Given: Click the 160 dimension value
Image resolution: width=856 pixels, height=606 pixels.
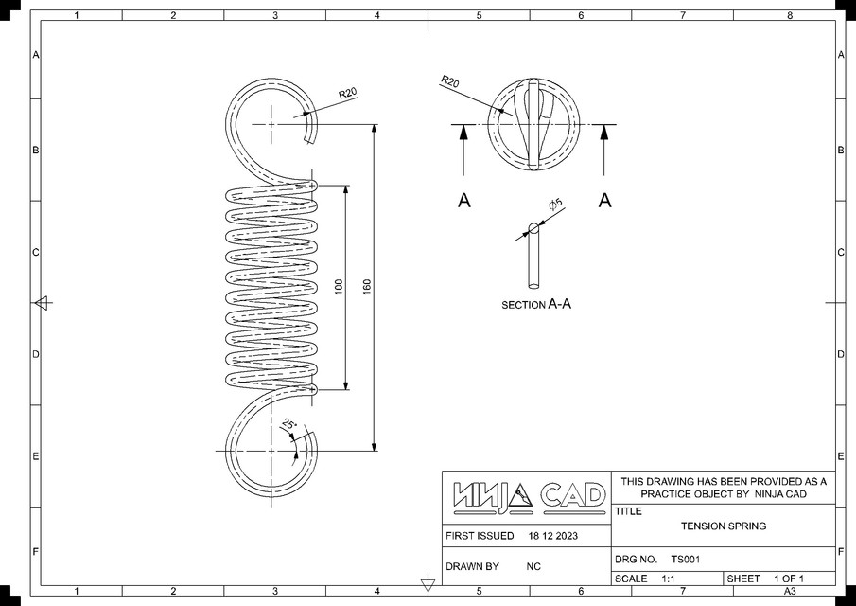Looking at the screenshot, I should [367, 286].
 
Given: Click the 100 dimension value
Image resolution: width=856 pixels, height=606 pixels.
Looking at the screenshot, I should [339, 286].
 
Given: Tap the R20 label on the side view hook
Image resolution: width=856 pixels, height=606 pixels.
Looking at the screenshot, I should [348, 93].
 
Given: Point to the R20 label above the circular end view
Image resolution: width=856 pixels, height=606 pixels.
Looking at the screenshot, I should [449, 82].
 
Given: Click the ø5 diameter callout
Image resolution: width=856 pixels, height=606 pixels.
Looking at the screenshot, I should [555, 205].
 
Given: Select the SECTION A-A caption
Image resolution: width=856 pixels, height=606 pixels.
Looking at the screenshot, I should [536, 305].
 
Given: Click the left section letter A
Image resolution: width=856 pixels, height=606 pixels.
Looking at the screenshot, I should [463, 200].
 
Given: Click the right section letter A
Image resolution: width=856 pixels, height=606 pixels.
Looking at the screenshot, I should [605, 200].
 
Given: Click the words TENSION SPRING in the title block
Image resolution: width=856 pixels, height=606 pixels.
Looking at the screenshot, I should [724, 526].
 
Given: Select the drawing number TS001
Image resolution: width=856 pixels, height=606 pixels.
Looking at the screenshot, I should [685, 560].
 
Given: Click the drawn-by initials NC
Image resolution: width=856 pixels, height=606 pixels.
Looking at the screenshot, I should [533, 566].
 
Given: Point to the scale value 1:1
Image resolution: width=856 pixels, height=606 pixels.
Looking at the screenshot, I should [668, 579].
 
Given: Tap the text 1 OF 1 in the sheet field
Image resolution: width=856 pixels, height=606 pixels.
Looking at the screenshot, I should [788, 579].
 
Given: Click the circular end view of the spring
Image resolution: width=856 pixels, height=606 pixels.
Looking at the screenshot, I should [533, 125].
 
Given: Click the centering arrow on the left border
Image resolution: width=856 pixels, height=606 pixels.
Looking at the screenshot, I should [42, 303].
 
